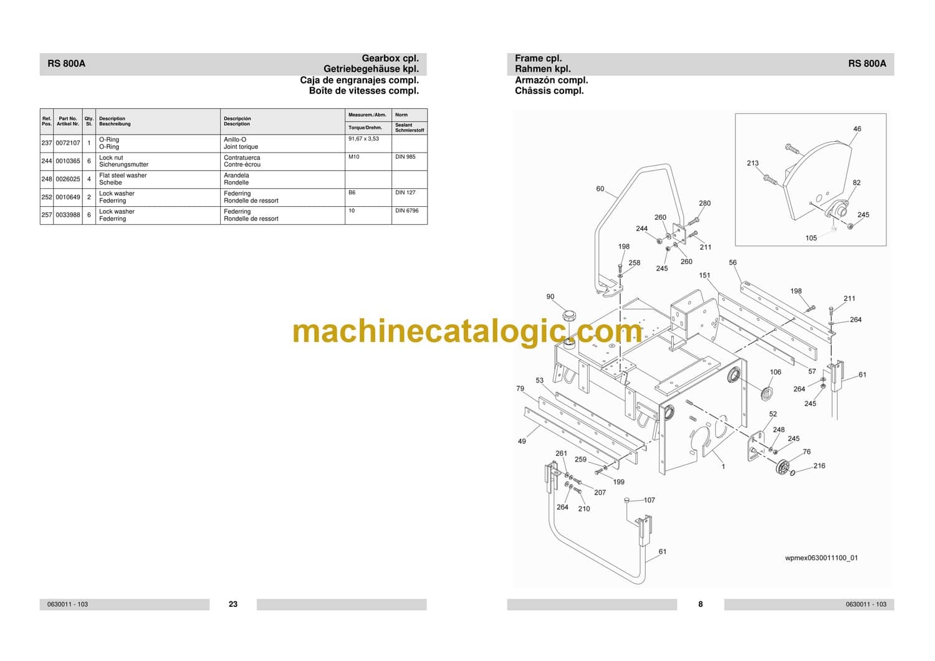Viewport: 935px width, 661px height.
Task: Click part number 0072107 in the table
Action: click(x=67, y=143)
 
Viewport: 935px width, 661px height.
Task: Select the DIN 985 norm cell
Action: click(x=405, y=157)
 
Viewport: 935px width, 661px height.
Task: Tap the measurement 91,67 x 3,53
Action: click(x=363, y=139)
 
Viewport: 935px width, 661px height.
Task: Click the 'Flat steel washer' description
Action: click(x=123, y=176)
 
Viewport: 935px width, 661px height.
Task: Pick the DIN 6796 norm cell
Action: click(x=406, y=211)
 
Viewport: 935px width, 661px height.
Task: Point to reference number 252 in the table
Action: click(x=46, y=197)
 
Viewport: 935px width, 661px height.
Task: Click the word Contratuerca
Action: click(x=242, y=158)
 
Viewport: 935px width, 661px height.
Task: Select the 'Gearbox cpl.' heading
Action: click(x=390, y=59)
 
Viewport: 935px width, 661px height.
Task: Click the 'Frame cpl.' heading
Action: click(x=538, y=59)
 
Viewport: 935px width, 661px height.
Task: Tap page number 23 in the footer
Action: click(x=233, y=604)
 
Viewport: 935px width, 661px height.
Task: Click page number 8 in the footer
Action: click(x=701, y=604)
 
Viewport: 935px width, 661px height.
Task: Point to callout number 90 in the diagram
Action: click(x=550, y=297)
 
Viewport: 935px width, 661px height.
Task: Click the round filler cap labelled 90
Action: click(x=568, y=315)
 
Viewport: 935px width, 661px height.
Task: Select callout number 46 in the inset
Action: click(x=857, y=129)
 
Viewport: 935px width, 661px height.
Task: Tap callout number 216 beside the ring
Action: click(x=819, y=466)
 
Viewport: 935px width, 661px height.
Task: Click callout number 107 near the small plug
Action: click(x=649, y=500)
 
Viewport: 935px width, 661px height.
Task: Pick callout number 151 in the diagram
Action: click(x=704, y=275)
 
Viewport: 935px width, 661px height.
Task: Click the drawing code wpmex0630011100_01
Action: click(x=821, y=558)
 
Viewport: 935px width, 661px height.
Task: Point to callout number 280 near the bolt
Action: click(x=704, y=203)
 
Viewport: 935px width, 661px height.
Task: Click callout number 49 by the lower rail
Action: click(x=522, y=441)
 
